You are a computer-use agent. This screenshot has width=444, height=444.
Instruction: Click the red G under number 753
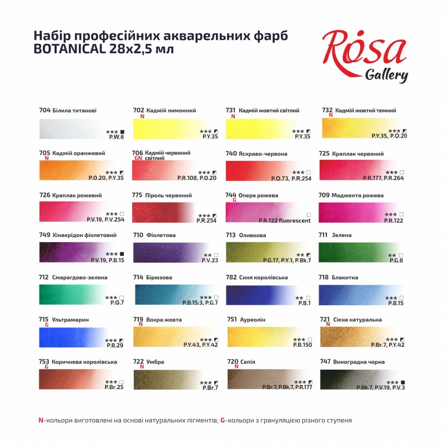[47, 367]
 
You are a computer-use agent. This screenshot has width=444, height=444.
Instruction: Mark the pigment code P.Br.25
[114, 387]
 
